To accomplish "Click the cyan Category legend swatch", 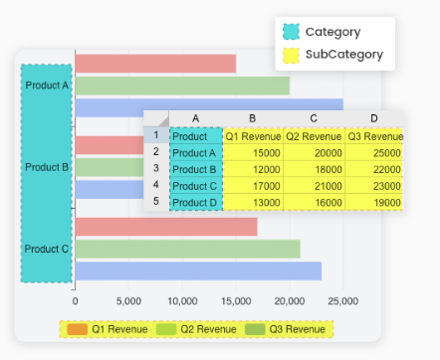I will pos(291,32).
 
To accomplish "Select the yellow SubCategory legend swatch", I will pos(291,55).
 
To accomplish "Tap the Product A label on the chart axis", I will pos(47,86).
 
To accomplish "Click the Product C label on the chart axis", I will pos(47,249).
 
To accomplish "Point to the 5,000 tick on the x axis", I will pos(128,299).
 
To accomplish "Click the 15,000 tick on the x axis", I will pos(236,299).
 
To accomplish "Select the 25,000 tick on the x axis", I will pos(342,299).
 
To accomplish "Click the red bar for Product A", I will pos(155,64).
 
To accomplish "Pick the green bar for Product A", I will pos(182,86).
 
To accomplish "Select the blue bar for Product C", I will pos(198,270).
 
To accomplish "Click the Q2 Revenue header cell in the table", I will pos(314,136).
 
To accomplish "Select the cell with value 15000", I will pos(253,153).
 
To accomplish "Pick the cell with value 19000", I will pos(374,202).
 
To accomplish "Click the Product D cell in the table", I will pos(195,202).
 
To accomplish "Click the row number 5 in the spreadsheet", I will pos(155,201).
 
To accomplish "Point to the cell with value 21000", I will pos(314,186).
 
